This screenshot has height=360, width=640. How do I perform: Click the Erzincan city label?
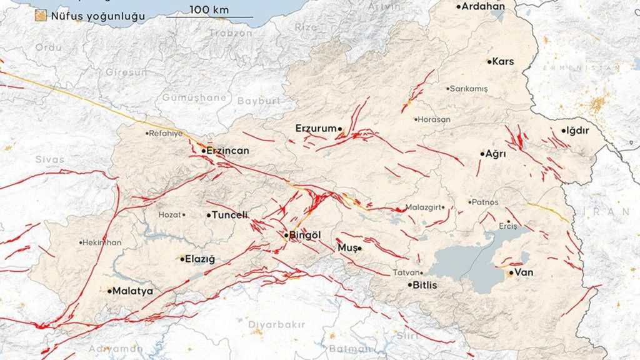(x=228, y=151)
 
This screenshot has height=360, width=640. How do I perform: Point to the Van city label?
(x=523, y=272)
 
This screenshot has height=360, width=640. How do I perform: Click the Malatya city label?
(x=132, y=291)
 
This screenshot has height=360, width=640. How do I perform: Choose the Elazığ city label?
(x=200, y=259)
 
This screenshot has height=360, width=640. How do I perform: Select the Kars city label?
(x=502, y=61)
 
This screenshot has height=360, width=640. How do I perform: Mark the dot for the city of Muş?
(x=359, y=248)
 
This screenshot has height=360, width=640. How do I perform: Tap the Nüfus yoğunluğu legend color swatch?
(x=42, y=16)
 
